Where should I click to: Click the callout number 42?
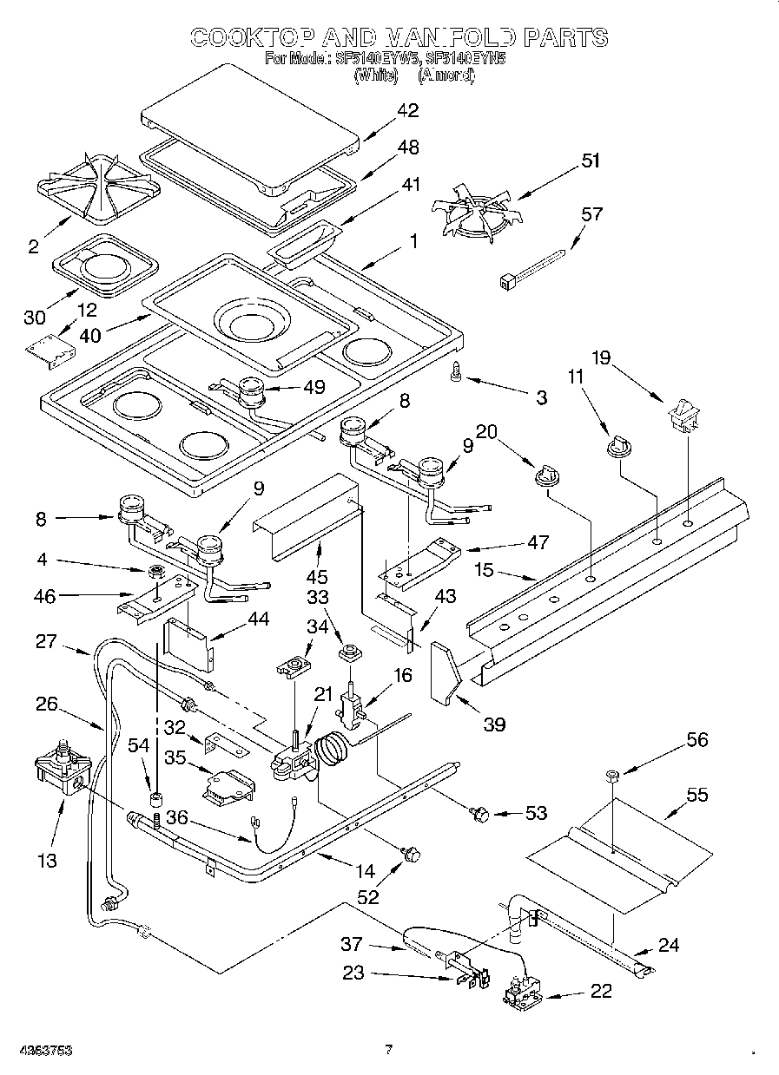click(407, 110)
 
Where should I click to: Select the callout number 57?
click(591, 214)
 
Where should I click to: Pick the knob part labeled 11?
click(617, 445)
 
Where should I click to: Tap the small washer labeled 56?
click(610, 775)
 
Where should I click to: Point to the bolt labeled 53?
click(479, 814)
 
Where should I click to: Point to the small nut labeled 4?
click(158, 572)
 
